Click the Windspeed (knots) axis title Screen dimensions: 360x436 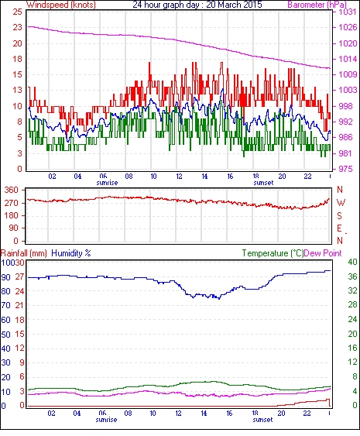[x=61, y=5]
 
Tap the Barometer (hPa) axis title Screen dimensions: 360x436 [x=317, y=5]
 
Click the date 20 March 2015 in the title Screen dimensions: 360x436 [x=234, y=5]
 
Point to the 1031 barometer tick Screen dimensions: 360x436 [x=348, y=12]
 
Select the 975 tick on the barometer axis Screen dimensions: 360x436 [x=345, y=169]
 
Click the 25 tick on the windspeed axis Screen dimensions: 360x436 [x=17, y=12]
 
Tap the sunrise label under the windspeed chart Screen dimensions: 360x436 [x=107, y=183]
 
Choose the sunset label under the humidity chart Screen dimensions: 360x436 [x=262, y=419]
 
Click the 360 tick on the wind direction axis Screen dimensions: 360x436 [x=11, y=191]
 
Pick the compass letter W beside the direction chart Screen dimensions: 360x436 [x=341, y=203]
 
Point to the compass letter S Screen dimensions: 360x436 [x=339, y=215]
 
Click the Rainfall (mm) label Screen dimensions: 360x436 [x=24, y=253]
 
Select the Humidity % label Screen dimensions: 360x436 [x=71, y=253]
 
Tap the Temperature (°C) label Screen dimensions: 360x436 [x=273, y=253]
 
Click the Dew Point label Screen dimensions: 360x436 [x=323, y=253]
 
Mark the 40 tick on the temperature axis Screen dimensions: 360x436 [x=352, y=262]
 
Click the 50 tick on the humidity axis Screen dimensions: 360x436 [x=6, y=335]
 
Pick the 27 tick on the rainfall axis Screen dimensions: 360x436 [x=19, y=277]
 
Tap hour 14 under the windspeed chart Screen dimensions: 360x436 [x=204, y=177]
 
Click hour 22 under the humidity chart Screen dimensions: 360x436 [x=307, y=414]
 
